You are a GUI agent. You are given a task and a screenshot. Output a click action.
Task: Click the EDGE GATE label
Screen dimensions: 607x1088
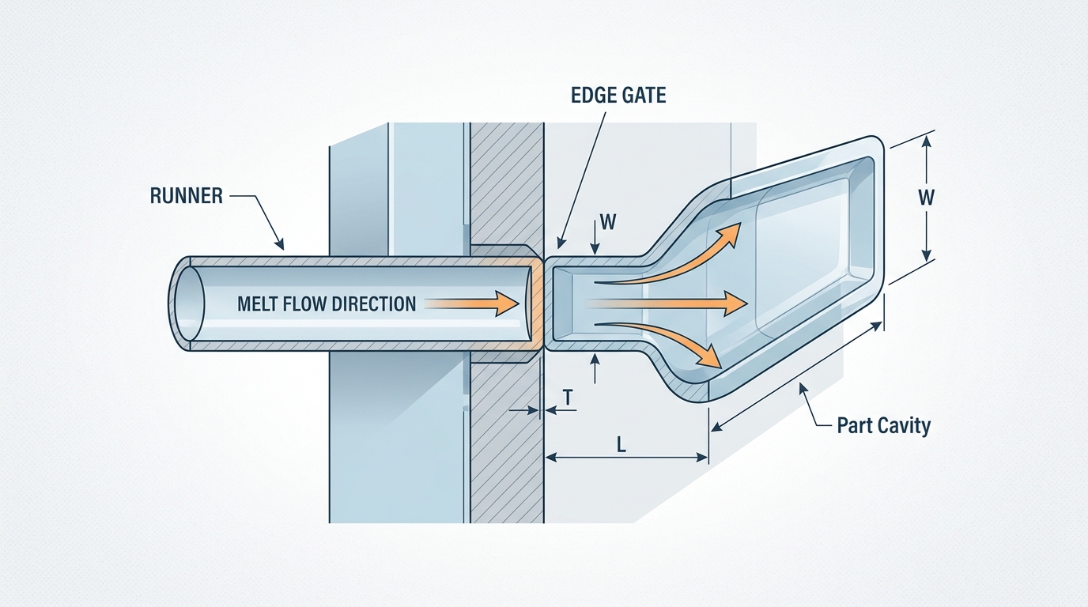(x=618, y=96)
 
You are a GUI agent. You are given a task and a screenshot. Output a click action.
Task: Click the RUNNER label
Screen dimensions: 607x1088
(x=187, y=195)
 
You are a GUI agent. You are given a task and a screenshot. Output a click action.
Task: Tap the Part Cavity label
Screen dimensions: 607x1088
(x=883, y=425)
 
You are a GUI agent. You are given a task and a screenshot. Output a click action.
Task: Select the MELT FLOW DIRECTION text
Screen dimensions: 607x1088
(x=326, y=303)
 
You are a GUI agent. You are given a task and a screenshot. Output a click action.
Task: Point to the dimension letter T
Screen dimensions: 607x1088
(x=568, y=394)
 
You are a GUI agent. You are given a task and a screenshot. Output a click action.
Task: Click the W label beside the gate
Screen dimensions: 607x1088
(x=607, y=222)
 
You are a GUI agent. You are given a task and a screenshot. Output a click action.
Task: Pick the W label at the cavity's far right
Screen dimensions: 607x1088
(x=926, y=198)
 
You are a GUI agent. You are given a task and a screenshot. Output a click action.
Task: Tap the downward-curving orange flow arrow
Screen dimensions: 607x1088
(x=672, y=340)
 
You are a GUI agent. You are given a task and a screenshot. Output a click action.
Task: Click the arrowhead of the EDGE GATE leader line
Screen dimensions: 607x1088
(x=562, y=246)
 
